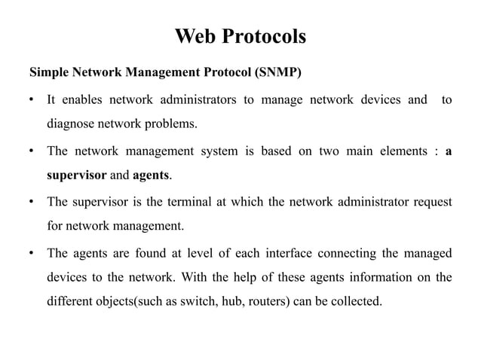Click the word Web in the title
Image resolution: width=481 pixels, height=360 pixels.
[x=195, y=36]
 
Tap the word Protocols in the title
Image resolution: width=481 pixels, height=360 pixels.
[x=264, y=36]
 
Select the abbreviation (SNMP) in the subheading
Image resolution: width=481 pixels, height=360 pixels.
[x=278, y=72]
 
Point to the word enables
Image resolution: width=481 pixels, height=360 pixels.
[x=82, y=99]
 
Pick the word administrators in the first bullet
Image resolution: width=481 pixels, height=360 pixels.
[x=198, y=99]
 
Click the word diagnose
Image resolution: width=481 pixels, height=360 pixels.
[x=70, y=124]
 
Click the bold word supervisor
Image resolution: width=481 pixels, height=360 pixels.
[x=77, y=175]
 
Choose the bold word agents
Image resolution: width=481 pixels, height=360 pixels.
[x=151, y=175]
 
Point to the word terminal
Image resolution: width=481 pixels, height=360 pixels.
[x=189, y=202]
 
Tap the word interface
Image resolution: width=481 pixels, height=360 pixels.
[x=289, y=253]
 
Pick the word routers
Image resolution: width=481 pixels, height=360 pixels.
[x=267, y=301]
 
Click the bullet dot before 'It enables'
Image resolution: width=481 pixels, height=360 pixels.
[x=32, y=99]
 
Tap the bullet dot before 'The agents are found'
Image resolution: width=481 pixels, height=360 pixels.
[x=32, y=253]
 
